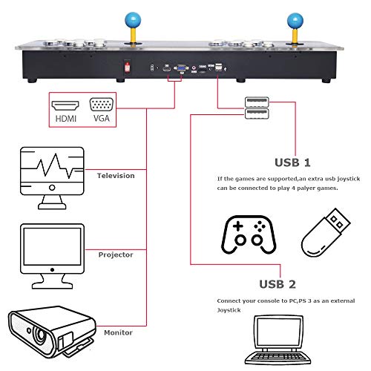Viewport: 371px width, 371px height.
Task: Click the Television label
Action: [116, 176]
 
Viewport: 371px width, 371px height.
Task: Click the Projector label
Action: [116, 254]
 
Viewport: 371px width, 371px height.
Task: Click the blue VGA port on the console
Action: [180, 68]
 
